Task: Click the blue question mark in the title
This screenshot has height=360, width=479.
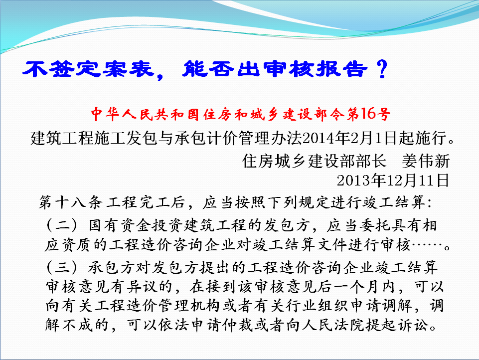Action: (x=382, y=69)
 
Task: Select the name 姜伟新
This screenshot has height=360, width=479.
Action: (x=426, y=161)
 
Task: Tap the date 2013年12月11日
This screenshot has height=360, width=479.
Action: (x=393, y=180)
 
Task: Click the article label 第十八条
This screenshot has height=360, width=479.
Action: (x=71, y=202)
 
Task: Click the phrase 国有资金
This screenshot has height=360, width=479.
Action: (x=120, y=225)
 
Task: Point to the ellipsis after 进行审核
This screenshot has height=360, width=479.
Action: (x=427, y=245)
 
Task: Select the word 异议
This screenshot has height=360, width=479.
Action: (x=142, y=287)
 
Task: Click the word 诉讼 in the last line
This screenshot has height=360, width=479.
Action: (x=412, y=325)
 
